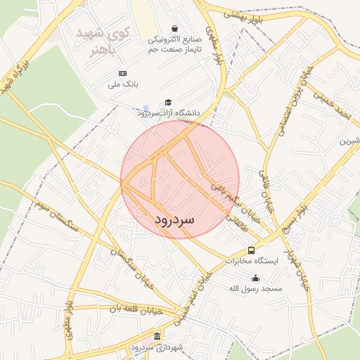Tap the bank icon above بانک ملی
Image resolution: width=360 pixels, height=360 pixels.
[123, 73]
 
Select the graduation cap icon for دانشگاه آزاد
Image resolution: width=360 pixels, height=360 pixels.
[167, 102]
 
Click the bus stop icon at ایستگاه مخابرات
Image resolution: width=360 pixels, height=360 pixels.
[251, 250]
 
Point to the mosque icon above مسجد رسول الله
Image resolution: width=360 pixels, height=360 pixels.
[255, 278]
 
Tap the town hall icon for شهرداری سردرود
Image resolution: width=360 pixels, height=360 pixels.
[157, 337]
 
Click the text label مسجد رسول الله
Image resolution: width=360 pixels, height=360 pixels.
[255, 289]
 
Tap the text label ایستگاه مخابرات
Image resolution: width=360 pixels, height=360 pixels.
[252, 261]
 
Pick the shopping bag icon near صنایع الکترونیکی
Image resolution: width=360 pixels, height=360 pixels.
[181, 28]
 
